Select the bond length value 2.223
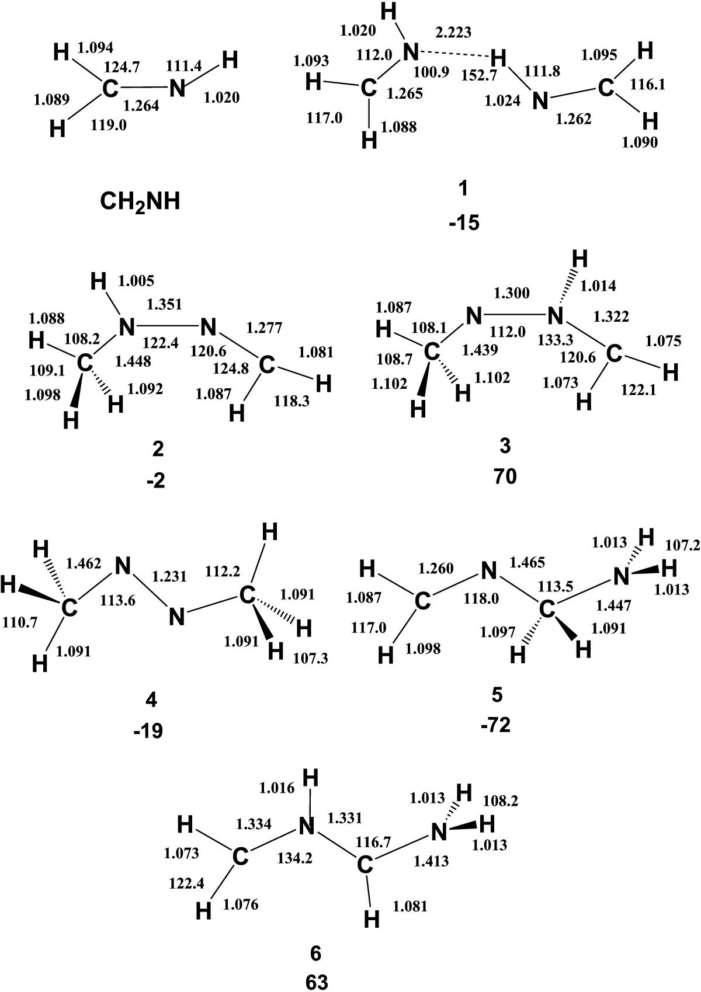pos(453,32)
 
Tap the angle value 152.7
pos(479,75)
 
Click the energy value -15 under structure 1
pos(464,223)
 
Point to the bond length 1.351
pos(164,304)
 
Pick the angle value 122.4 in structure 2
pos(161,343)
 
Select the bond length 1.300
pos(511,293)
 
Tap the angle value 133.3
pos(555,340)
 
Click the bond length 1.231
pos(169,576)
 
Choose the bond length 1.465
pos(527,562)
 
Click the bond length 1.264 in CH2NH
pos(141,106)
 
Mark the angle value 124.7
pos(122,67)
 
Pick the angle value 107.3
pos(310,658)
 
